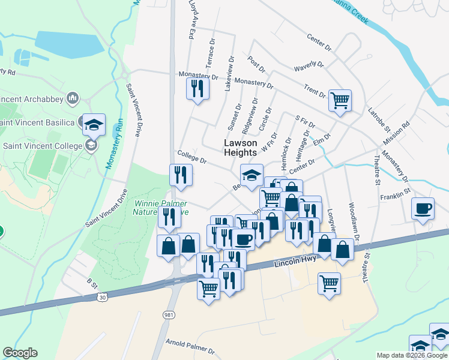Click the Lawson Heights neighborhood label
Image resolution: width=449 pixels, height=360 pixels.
(240, 148)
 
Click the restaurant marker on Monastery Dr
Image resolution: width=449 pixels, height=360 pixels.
(197, 89)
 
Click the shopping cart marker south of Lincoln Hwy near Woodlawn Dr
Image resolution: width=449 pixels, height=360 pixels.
(329, 283)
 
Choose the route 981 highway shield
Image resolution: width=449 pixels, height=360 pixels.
(169, 314)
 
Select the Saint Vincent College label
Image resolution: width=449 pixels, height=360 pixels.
(42, 146)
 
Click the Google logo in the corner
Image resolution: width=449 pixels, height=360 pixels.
(20, 353)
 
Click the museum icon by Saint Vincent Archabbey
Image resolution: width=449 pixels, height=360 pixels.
(73, 97)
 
